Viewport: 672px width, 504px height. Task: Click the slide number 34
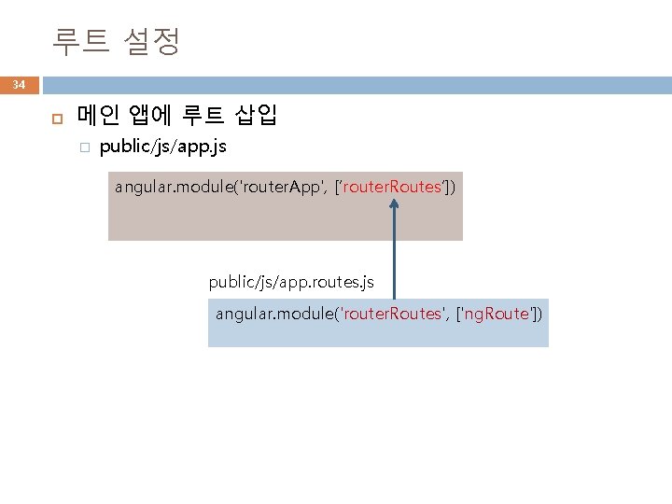point(19,86)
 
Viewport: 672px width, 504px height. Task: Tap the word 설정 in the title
point(151,41)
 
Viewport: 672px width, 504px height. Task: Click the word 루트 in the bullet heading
point(203,116)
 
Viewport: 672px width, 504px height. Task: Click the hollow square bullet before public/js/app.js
point(83,148)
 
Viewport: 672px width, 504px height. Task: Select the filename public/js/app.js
point(162,147)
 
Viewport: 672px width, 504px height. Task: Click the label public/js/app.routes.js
point(290,280)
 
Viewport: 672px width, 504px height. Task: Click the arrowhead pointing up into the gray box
point(395,203)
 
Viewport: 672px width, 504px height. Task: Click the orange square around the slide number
point(19,86)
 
